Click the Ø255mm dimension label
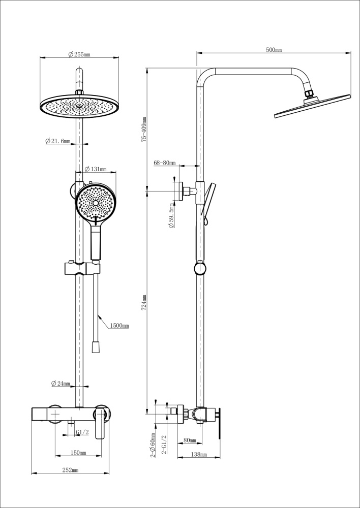coord(79,54)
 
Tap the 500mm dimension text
coord(274,49)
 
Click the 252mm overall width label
coord(70,470)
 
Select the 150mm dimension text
coord(78,452)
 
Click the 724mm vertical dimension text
coord(144,303)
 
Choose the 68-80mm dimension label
coord(164,163)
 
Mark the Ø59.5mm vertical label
coord(171,217)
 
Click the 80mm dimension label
coord(189,440)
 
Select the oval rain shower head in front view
coord(79,106)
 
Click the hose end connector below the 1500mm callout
coord(95,347)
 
